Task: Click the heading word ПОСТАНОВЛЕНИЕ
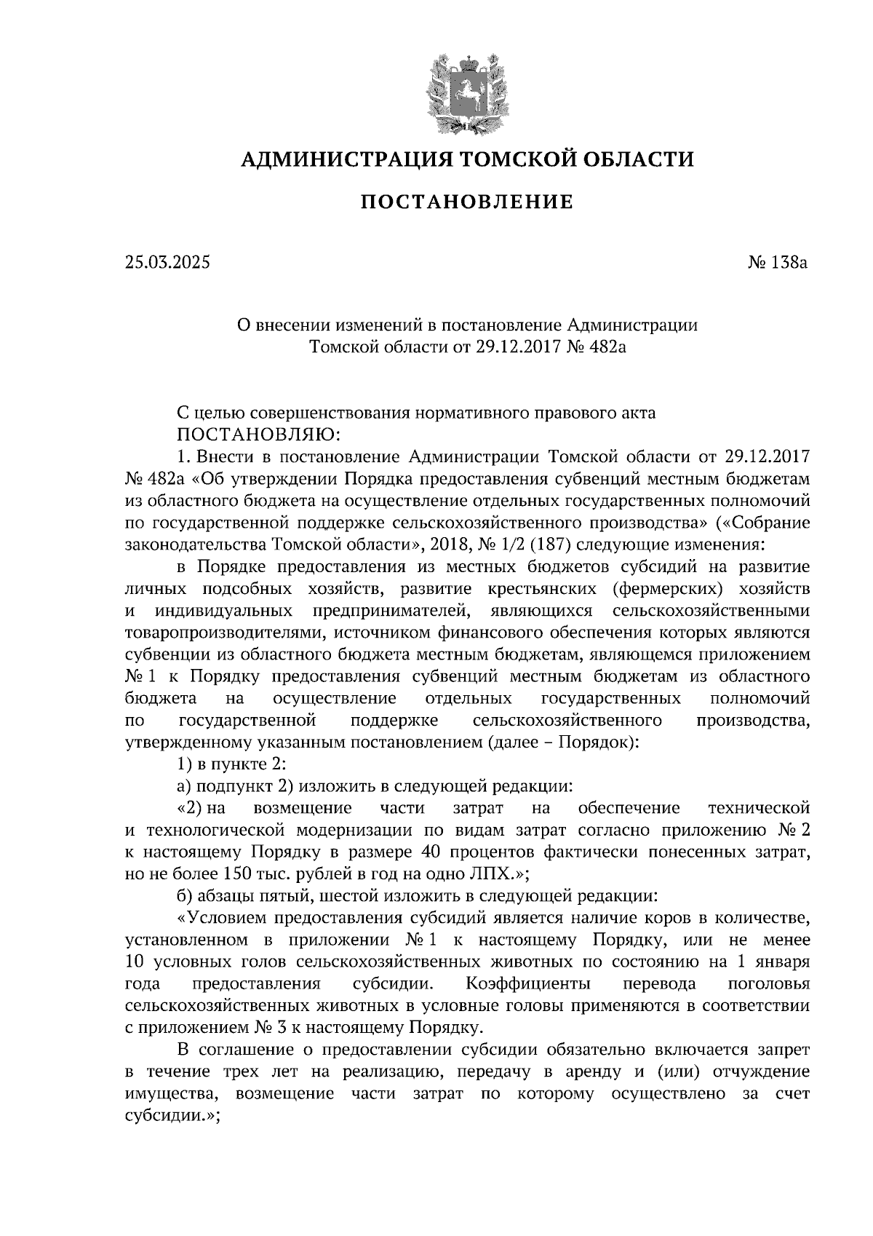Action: [x=467, y=202]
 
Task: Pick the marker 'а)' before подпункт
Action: [x=184, y=786]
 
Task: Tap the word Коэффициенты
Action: [x=539, y=984]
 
